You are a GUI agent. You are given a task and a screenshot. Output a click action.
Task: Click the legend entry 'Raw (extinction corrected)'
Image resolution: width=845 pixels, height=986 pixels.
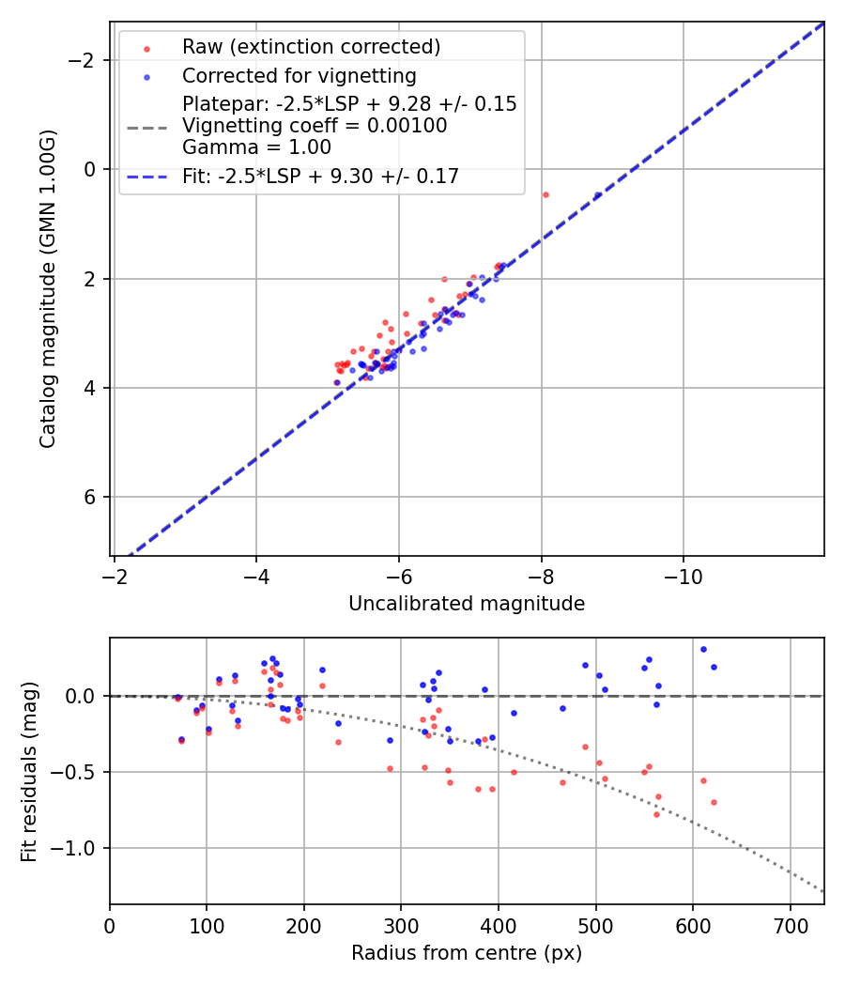click(x=311, y=46)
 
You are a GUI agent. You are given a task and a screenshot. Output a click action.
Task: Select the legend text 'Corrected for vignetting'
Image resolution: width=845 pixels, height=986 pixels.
click(x=299, y=75)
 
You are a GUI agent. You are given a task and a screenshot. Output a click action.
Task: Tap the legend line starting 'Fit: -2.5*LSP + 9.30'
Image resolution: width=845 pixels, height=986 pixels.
click(x=320, y=176)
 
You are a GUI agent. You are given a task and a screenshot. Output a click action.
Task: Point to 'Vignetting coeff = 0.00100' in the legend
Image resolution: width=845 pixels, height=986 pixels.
click(x=315, y=126)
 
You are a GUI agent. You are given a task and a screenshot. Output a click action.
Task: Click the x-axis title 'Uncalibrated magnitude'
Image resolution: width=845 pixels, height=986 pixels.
click(x=467, y=604)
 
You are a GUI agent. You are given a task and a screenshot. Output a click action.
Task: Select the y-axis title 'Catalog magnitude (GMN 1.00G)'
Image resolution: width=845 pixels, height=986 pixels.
click(x=48, y=288)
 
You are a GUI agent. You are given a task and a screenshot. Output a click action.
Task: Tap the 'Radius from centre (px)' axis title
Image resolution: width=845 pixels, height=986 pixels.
click(x=467, y=953)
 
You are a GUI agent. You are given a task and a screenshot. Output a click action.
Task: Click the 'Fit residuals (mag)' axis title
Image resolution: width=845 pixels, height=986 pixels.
click(x=29, y=771)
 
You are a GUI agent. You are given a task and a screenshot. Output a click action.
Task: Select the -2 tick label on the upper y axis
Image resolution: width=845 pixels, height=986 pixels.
click(x=87, y=60)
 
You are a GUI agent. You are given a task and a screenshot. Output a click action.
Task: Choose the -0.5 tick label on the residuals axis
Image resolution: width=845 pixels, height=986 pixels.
click(x=80, y=772)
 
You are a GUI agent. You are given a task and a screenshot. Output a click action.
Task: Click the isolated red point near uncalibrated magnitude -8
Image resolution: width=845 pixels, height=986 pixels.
click(x=545, y=194)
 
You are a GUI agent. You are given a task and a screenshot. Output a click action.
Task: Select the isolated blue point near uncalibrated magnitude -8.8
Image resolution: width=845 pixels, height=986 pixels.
click(x=598, y=195)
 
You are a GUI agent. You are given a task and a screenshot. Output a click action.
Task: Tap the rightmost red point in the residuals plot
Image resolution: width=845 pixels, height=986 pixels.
click(x=714, y=802)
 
